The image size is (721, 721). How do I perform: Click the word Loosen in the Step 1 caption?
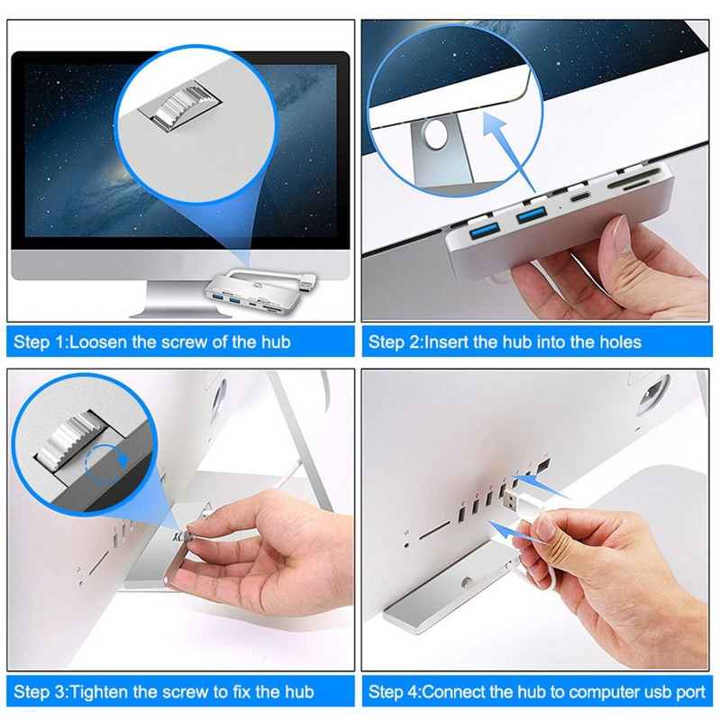point(95,342)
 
